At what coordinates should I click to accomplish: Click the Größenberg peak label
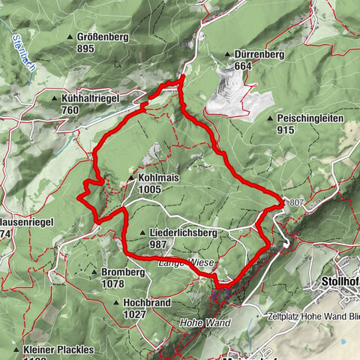tap(105, 36)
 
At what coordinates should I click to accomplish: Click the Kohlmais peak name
tap(157, 178)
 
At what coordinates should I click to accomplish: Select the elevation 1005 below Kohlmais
tap(150, 190)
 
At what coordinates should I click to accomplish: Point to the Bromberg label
tap(123, 272)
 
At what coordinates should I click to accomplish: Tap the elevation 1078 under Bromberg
tap(115, 284)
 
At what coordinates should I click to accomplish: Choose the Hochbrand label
tap(142, 302)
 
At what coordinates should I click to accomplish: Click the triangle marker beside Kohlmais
tap(132, 178)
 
